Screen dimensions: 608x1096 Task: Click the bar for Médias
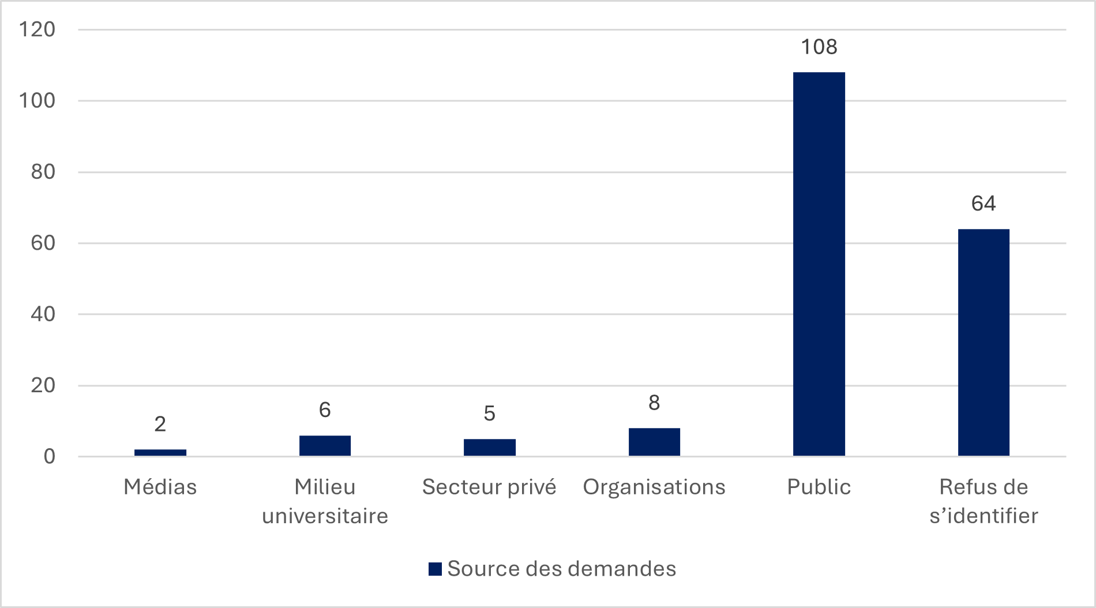[160, 453]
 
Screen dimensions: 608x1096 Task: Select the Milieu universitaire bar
[325, 446]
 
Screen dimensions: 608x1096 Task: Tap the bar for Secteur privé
[489, 448]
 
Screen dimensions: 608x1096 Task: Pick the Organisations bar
[654, 442]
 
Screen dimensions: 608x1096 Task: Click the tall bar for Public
[819, 264]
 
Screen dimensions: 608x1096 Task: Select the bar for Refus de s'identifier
[984, 343]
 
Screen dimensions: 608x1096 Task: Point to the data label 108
[819, 47]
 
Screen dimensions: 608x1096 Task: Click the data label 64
[984, 204]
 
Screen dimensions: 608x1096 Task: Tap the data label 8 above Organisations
[654, 403]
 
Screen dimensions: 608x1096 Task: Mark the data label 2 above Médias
[160, 425]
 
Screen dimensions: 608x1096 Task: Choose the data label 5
[489, 414]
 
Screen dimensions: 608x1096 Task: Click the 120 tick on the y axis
[37, 29]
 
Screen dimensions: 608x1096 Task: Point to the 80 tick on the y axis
[43, 172]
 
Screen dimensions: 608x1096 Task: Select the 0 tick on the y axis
[50, 457]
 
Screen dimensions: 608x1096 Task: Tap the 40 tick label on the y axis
[43, 314]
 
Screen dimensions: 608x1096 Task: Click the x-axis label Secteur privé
[489, 487]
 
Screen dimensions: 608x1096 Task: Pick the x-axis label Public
[819, 487]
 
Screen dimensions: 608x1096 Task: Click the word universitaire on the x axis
[325, 516]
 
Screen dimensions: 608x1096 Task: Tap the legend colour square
[435, 569]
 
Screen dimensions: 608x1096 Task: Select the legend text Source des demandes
[561, 569]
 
